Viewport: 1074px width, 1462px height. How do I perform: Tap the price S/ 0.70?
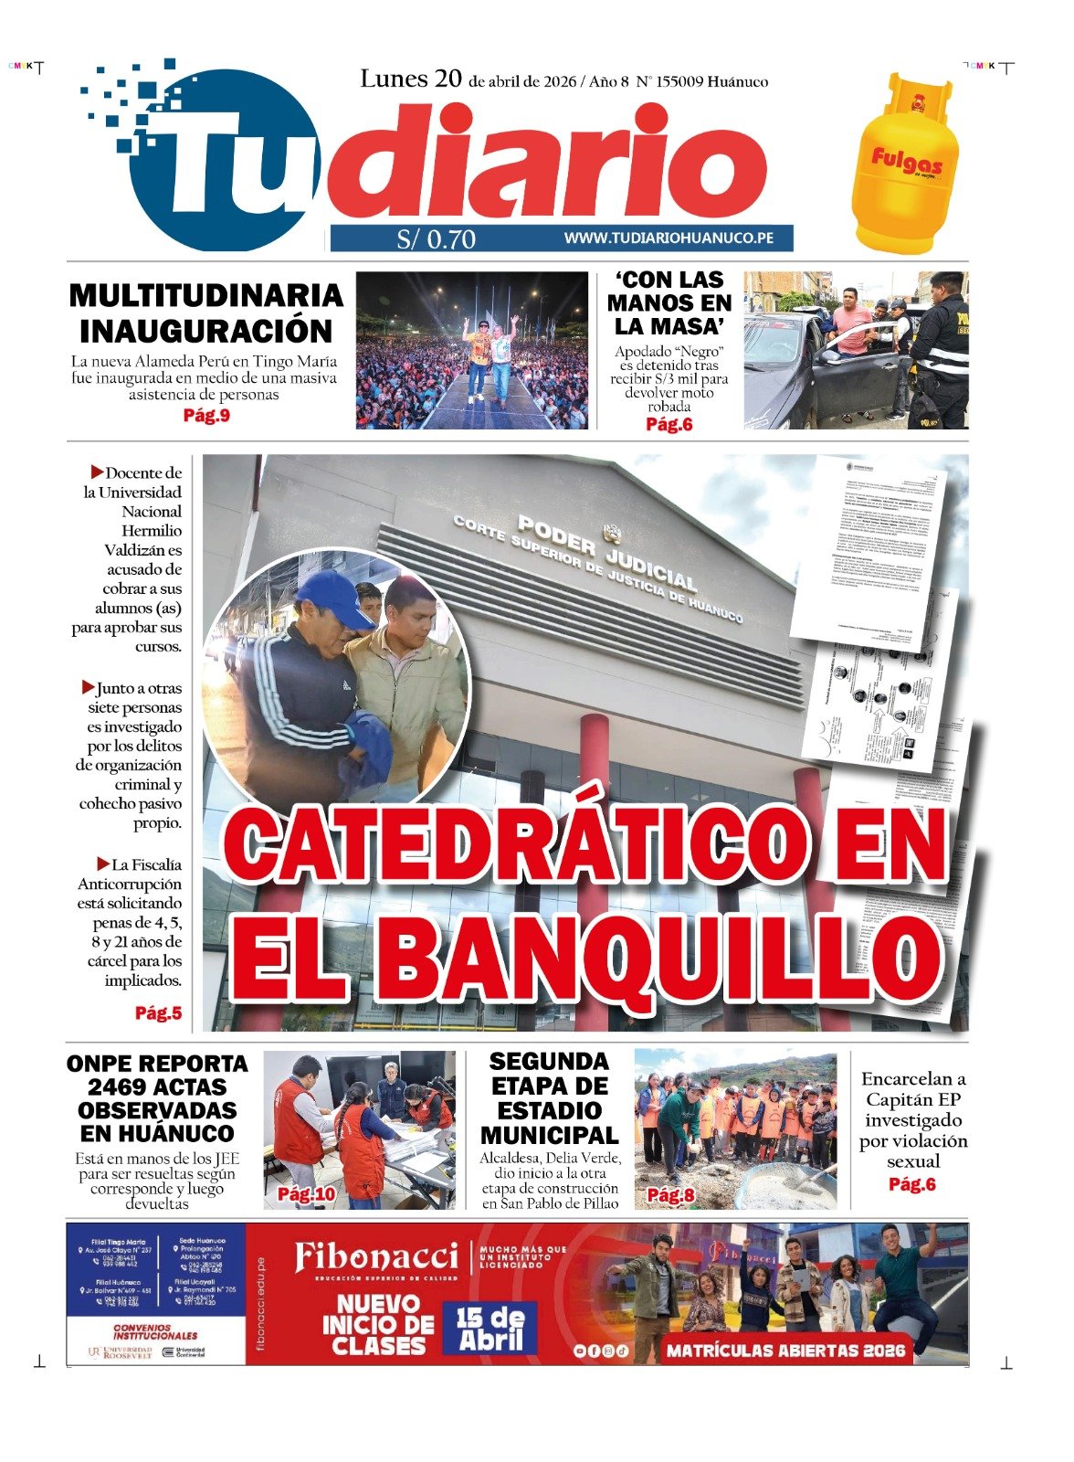point(437,239)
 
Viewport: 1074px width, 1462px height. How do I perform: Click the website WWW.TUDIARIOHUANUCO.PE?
point(669,238)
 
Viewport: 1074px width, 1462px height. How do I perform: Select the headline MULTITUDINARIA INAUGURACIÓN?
point(206,313)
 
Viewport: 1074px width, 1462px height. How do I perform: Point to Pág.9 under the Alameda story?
point(206,416)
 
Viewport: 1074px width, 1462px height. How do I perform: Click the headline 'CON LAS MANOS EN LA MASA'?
point(669,302)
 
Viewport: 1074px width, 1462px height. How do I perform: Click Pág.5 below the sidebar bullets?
point(158,1012)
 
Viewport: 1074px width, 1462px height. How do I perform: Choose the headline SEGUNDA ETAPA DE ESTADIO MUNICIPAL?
point(549,1098)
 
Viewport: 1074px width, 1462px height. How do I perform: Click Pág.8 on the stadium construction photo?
point(670,1194)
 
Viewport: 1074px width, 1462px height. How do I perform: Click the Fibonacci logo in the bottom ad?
point(375,1259)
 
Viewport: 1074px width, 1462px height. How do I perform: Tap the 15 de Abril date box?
point(490,1329)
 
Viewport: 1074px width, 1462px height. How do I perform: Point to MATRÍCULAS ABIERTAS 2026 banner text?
point(785,1350)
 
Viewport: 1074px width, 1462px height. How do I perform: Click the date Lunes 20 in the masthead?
point(411,79)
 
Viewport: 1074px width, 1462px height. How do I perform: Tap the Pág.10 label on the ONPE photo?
point(306,1194)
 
